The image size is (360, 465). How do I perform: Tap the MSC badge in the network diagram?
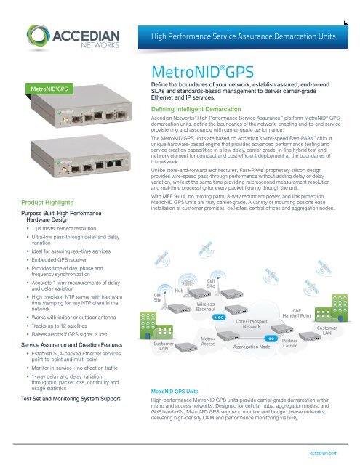tap(217, 318)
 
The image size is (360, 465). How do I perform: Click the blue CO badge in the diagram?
tap(269, 339)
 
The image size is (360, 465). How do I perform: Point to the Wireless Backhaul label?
tap(210, 306)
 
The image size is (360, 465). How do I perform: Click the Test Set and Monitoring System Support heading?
tap(70, 398)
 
